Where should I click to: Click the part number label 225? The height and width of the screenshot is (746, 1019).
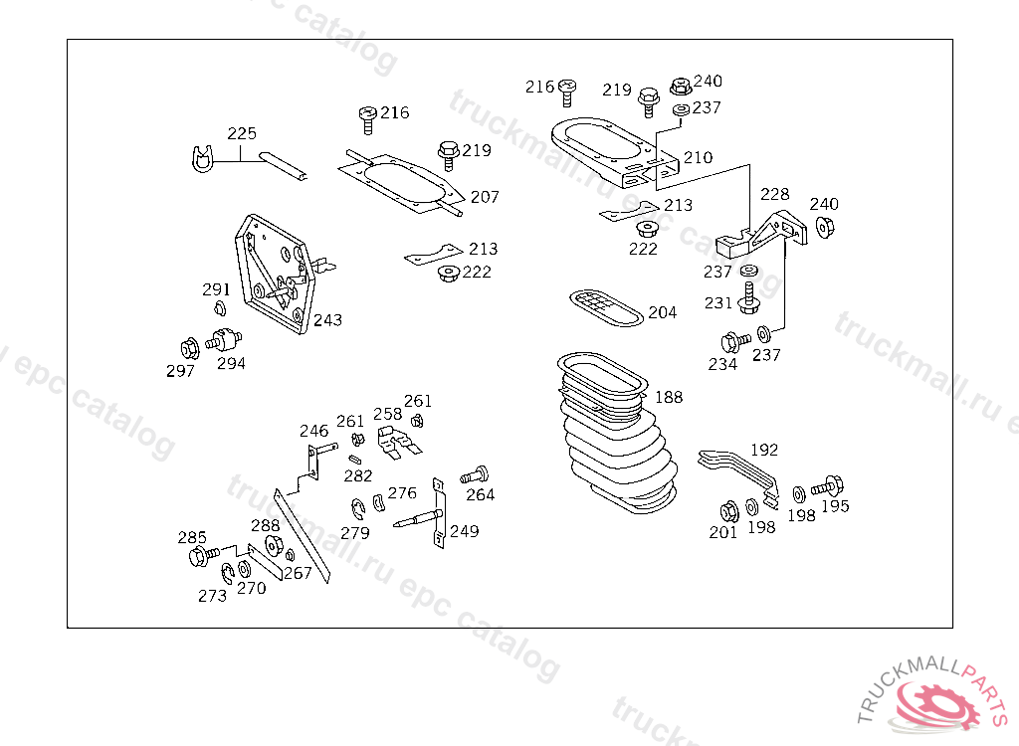(242, 133)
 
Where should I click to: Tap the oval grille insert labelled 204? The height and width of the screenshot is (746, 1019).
(606, 308)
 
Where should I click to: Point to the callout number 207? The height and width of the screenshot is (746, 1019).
(485, 197)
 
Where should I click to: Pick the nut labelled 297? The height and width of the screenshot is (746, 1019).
(188, 348)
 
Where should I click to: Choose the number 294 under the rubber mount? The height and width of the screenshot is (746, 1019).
(231, 364)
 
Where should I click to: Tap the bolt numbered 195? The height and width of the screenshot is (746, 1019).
(827, 488)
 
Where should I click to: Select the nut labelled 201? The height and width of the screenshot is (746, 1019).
(727, 511)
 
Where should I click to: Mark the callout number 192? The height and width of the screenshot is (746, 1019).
(764, 450)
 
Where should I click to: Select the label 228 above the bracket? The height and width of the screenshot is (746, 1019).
(775, 194)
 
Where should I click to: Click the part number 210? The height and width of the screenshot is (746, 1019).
(698, 157)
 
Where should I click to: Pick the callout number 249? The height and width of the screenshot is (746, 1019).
(464, 531)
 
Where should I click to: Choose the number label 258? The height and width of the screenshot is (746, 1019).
(387, 414)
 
